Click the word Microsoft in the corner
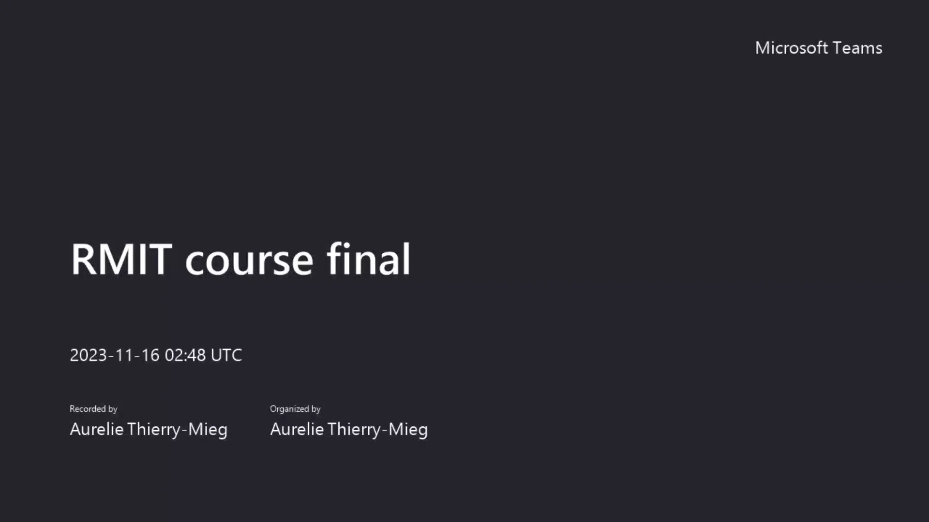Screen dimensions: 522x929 [x=791, y=48]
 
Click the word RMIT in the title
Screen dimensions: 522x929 [x=121, y=260]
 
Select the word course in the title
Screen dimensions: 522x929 [x=249, y=261]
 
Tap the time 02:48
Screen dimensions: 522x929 [x=185, y=355]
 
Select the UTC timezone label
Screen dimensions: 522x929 [x=226, y=355]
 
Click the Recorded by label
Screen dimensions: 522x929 [x=93, y=409]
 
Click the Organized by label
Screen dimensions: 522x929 [x=295, y=409]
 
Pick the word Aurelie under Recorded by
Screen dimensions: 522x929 [x=97, y=429]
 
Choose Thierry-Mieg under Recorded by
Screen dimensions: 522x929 [x=177, y=429]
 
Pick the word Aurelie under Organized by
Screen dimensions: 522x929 [x=297, y=429]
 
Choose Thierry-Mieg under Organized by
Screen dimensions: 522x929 [x=377, y=429]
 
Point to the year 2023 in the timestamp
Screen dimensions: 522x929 [x=88, y=355]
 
